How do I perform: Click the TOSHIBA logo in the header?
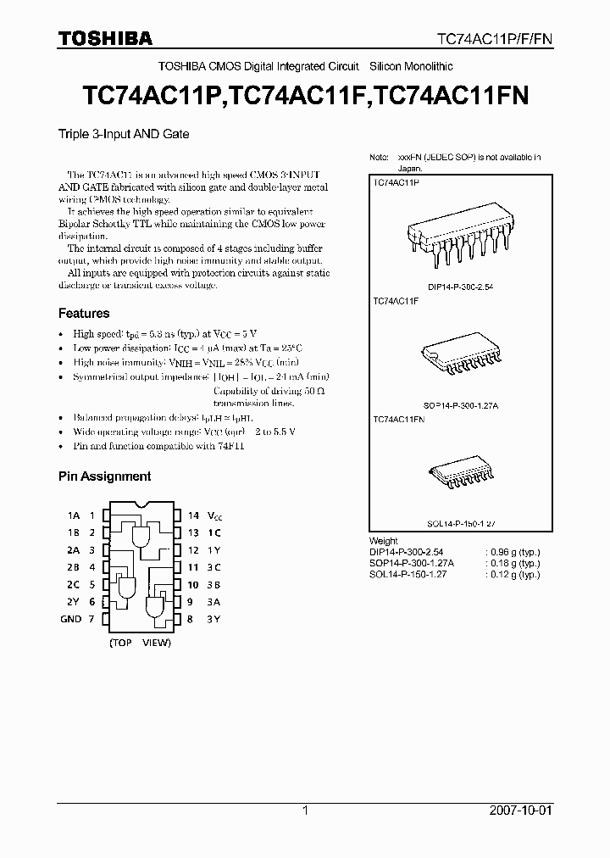click(x=105, y=38)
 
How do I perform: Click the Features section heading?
click(x=84, y=314)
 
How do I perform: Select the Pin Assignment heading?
click(x=104, y=476)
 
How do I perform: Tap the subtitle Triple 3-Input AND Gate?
click(x=123, y=134)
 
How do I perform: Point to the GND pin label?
click(x=70, y=620)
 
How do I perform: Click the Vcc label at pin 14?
click(x=216, y=515)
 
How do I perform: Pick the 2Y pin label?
click(x=74, y=602)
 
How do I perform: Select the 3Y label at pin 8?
click(x=214, y=620)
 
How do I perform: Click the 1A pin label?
click(x=74, y=515)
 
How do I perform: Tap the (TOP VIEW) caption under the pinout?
click(x=140, y=643)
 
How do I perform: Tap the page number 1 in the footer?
click(x=304, y=811)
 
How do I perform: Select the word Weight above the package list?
click(x=384, y=541)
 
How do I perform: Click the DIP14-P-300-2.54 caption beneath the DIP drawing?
click(x=460, y=287)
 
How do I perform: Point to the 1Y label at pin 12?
click(x=214, y=550)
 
